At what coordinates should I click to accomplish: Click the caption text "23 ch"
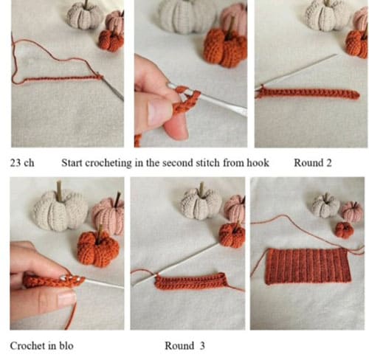click(x=22, y=163)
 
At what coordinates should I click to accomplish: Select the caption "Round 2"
click(x=313, y=163)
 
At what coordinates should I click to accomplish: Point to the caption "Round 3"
click(x=184, y=346)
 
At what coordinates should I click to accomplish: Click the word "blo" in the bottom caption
click(x=66, y=346)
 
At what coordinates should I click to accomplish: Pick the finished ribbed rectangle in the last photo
click(x=308, y=266)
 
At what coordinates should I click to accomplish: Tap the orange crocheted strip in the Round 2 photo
click(x=308, y=94)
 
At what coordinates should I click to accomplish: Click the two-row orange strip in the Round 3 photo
click(x=191, y=282)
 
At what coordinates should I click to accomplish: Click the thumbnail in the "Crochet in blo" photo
click(x=66, y=298)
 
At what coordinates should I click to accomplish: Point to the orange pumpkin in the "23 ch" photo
click(x=111, y=41)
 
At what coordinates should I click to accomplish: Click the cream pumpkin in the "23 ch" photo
click(x=85, y=17)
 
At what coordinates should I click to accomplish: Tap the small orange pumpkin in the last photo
click(x=345, y=230)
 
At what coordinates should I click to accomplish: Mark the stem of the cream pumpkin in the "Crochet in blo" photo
click(x=59, y=189)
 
